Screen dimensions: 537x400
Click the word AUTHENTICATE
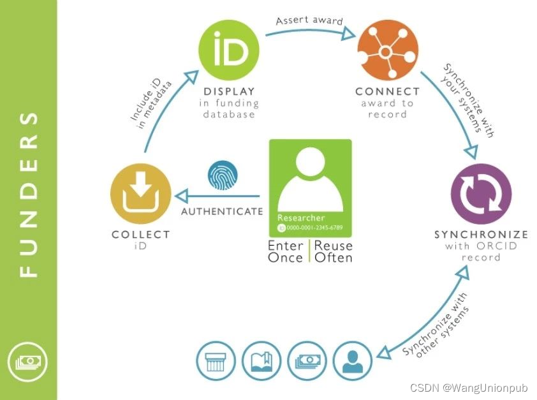pos(222,211)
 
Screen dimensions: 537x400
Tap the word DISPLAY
pos(229,91)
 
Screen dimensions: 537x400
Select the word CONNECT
pos(388,91)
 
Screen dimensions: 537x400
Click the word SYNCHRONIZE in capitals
pos(482,234)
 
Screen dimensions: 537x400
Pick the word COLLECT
pos(140,234)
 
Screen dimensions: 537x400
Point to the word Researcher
pos(301,218)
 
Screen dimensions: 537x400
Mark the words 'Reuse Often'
pos(334,251)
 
